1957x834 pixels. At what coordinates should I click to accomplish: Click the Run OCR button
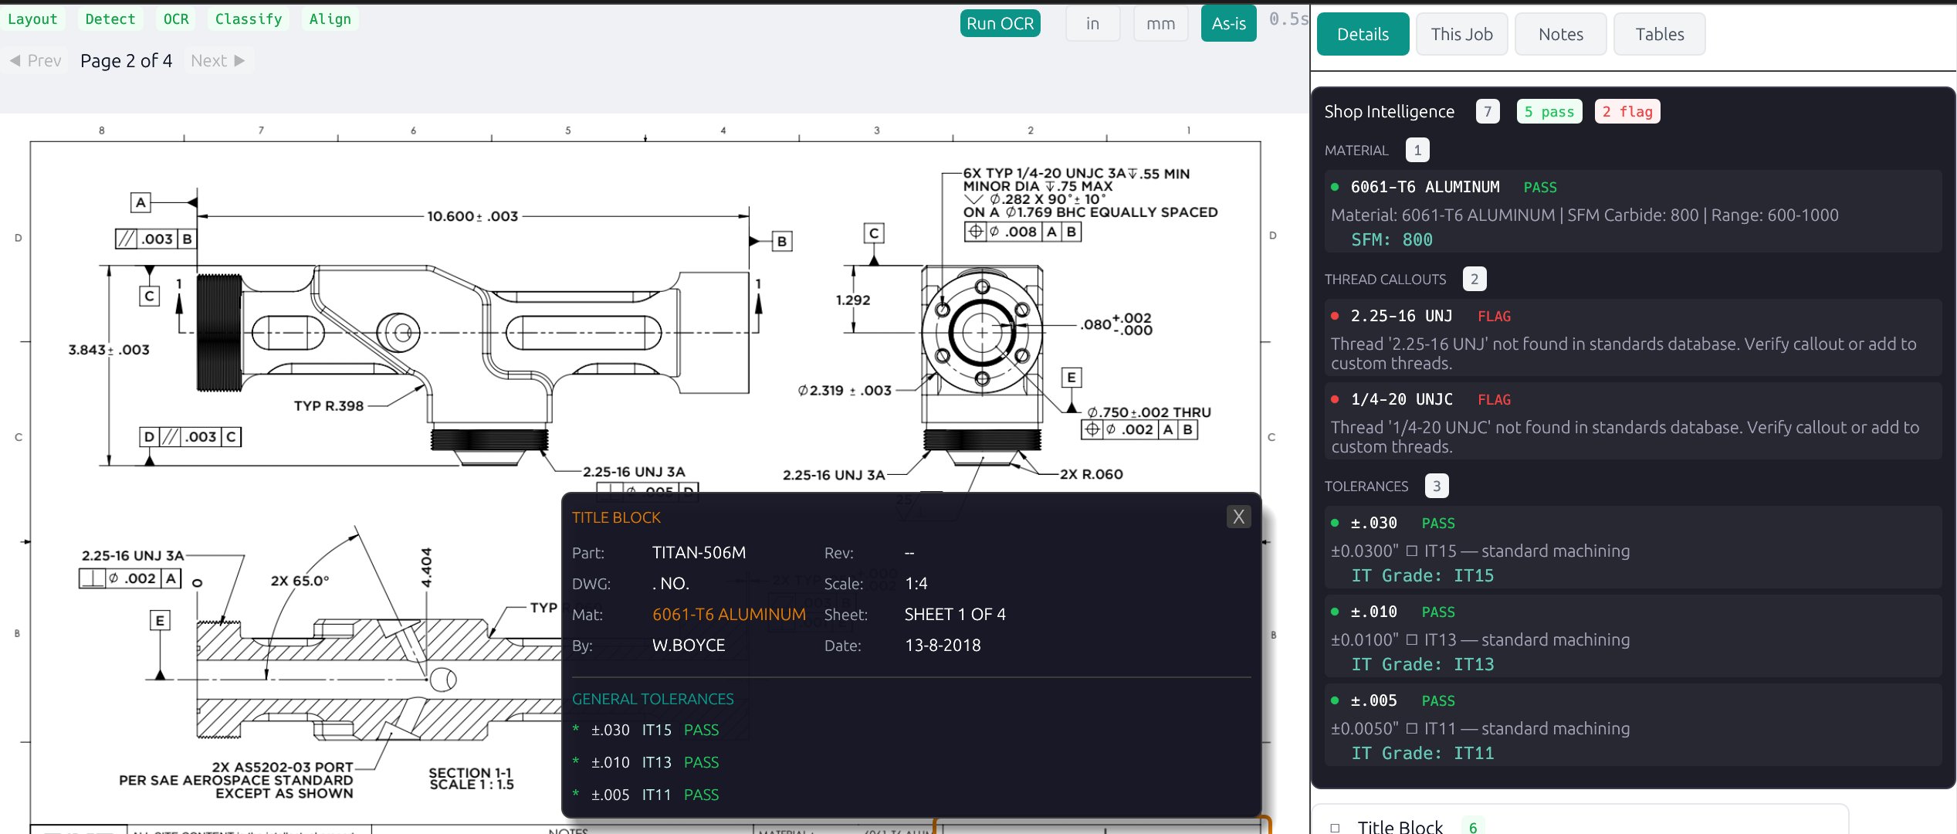[1000, 23]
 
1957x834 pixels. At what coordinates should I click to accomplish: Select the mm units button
[1160, 23]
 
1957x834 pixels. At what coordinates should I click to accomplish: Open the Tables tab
[1659, 34]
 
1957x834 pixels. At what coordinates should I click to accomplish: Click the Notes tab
[1560, 34]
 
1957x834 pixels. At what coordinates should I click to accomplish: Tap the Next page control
[218, 60]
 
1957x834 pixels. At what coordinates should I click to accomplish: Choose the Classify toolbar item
[248, 19]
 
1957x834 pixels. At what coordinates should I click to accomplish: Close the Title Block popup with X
[1238, 517]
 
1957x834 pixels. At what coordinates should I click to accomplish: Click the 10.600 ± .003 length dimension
[472, 216]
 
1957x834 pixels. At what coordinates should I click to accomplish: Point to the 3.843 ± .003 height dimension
[109, 350]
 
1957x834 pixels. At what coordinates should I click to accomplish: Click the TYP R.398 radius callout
[329, 405]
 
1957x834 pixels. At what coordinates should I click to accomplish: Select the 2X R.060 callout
[1091, 474]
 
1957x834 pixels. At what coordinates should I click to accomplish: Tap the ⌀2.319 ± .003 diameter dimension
[845, 391]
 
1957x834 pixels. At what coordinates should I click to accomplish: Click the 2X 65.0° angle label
[300, 581]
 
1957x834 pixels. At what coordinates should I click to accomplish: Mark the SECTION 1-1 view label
[470, 773]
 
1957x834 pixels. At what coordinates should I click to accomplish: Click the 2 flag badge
[1627, 111]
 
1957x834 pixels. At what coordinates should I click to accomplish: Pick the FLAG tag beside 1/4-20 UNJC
[1494, 399]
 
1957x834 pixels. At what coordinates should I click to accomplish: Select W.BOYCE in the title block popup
[688, 645]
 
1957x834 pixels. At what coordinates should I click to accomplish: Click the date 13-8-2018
[942, 645]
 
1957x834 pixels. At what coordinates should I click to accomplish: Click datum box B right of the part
[781, 241]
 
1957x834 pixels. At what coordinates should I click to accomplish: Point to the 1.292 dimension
[852, 300]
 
